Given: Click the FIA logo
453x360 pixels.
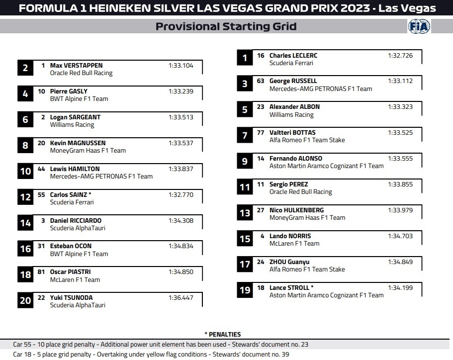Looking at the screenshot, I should coord(419,26).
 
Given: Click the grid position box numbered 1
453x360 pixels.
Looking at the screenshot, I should coord(245,59).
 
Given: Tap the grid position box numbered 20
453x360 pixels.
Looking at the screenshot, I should coord(25,300).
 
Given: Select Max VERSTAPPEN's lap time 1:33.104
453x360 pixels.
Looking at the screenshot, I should coord(181,65).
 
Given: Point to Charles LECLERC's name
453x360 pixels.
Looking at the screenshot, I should coord(293,56).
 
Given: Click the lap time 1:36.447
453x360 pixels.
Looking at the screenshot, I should coord(181,297).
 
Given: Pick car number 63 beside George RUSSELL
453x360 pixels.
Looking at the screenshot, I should coord(261,81).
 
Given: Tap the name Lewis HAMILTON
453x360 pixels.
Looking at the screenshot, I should coord(75,169).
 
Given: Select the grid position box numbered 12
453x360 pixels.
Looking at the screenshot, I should coord(25,197).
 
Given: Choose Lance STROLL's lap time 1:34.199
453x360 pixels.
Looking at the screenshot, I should coord(400,287).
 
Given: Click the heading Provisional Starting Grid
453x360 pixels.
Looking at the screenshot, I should coord(226,26).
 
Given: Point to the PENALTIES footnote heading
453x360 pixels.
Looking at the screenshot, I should coord(222,335).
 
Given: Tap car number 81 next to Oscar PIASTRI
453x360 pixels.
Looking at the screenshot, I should coord(41,272).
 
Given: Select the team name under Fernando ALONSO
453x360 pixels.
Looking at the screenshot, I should coord(326,166).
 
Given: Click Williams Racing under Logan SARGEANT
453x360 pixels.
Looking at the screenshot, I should coord(72,125).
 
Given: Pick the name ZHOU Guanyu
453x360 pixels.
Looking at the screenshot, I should coord(289,262).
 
